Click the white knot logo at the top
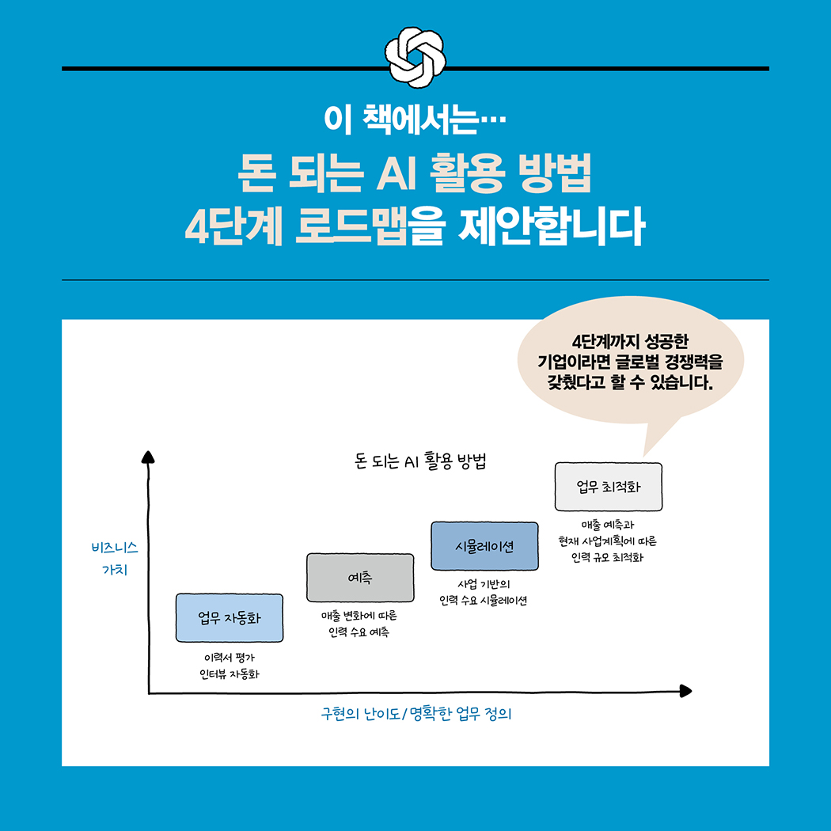(415, 57)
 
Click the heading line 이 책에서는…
(415, 120)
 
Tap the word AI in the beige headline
(396, 173)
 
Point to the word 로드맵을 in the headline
(370, 227)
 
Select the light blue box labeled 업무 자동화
(230, 618)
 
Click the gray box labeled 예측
(360, 578)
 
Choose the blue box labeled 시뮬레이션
(484, 546)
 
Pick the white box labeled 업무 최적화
(609, 487)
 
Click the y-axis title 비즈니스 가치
(115, 559)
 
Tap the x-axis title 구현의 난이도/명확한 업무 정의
(416, 714)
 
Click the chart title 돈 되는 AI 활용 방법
(420, 461)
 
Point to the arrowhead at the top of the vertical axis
(148, 457)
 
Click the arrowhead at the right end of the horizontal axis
(686, 691)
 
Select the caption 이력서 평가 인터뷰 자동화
(230, 666)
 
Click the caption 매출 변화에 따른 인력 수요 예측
(359, 624)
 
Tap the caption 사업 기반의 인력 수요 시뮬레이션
(484, 593)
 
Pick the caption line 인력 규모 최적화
(607, 557)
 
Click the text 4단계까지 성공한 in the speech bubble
(630, 342)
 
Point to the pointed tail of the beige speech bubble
(644, 456)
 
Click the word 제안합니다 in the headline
(552, 227)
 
